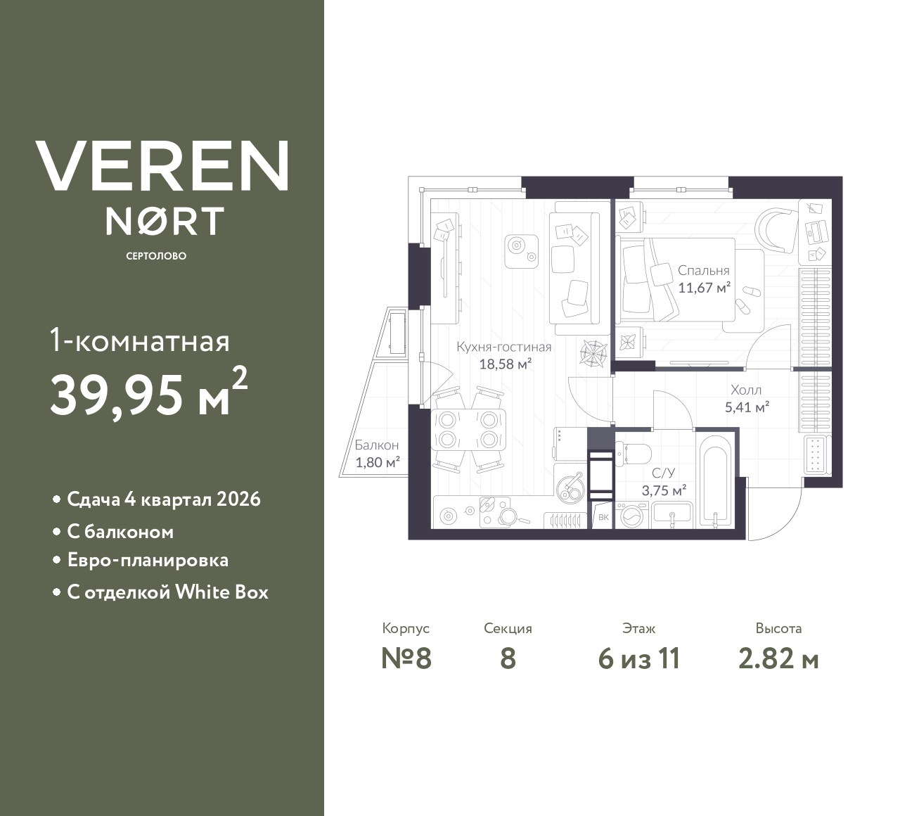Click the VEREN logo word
[162, 166]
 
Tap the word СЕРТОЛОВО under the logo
[156, 256]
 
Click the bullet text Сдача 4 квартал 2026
[164, 499]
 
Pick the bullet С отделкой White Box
[167, 592]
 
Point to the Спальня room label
[703, 270]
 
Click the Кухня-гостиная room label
[503, 347]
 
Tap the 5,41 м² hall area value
[746, 407]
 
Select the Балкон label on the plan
[377, 445]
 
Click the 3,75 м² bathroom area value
[664, 491]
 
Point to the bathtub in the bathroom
[715, 482]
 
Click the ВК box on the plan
[603, 518]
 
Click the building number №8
[406, 658]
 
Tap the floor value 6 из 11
[638, 658]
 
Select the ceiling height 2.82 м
[778, 658]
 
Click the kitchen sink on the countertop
[570, 487]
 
